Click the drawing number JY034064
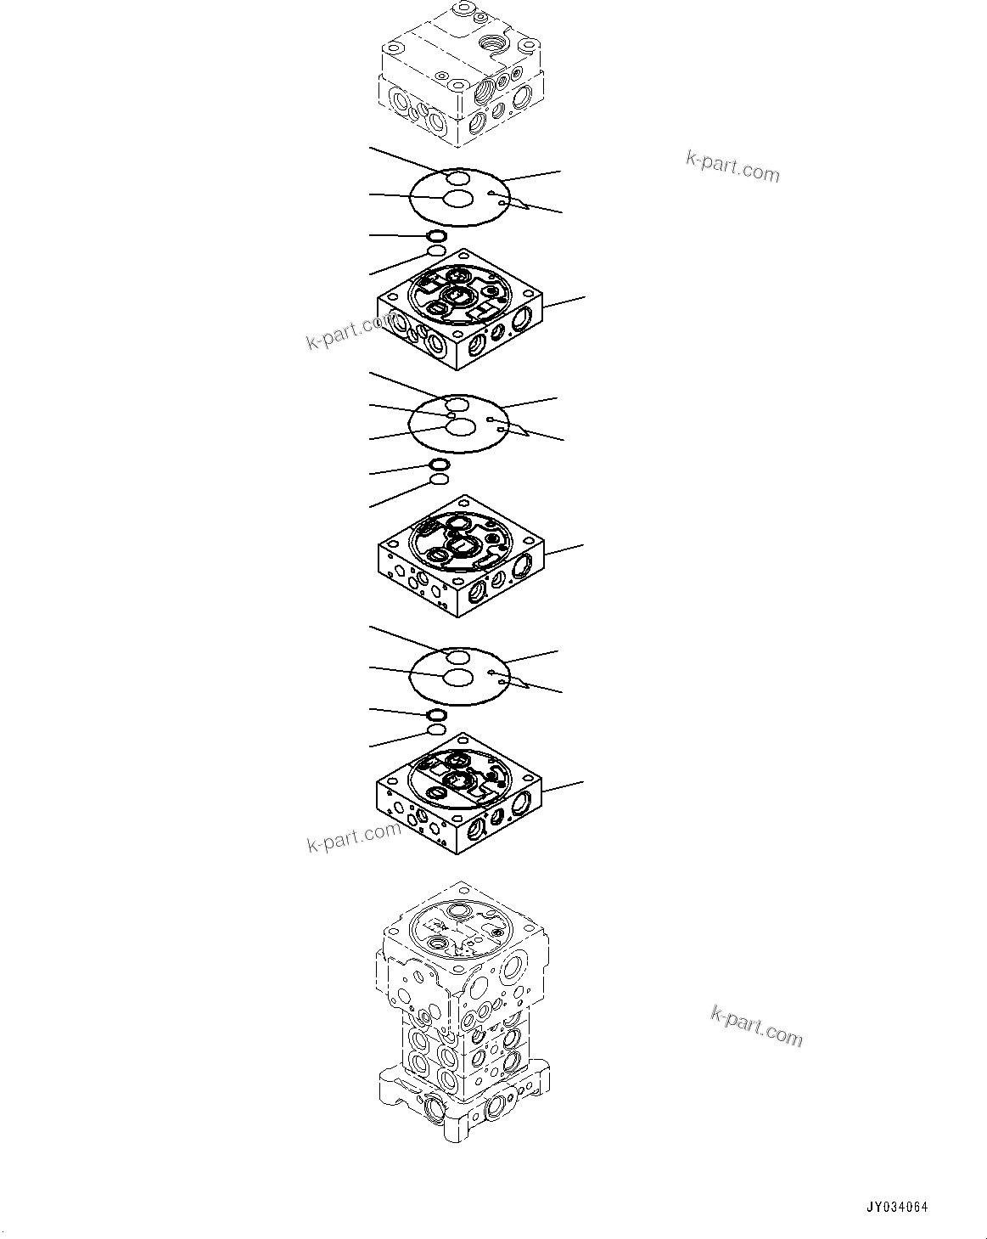pos(897,1207)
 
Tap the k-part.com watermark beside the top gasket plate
pos(732,166)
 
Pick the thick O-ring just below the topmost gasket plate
pos(436,235)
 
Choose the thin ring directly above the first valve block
pos(436,251)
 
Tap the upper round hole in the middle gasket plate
pos(457,403)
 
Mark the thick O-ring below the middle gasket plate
pos(440,464)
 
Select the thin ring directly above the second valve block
pos(440,480)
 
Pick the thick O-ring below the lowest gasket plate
pos(436,714)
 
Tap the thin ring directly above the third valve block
pos(436,729)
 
